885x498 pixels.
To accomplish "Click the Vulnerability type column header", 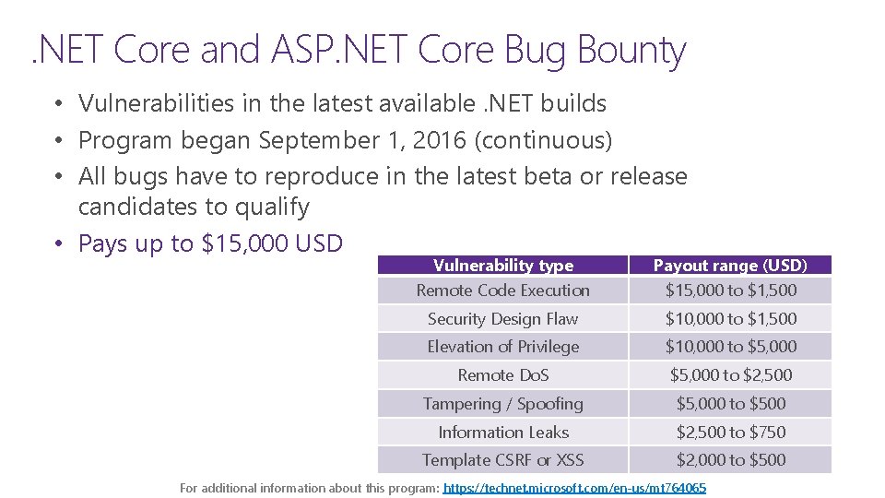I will tap(503, 266).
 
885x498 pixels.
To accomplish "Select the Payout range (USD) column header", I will tap(730, 266).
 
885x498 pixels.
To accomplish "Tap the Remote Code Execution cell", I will tap(503, 290).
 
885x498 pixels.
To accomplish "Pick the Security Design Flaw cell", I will tap(503, 319).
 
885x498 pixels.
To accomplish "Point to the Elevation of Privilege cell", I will tap(503, 347).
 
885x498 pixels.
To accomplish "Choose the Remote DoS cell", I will tap(503, 375).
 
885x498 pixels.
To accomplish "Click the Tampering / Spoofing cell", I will tap(503, 404).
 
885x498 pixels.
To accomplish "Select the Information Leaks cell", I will tap(503, 432).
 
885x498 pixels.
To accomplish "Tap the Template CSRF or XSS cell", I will tap(503, 459).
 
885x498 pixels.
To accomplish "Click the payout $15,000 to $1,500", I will tap(731, 290).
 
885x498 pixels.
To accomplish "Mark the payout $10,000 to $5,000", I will tap(731, 347).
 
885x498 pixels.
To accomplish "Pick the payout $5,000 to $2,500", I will tap(731, 375).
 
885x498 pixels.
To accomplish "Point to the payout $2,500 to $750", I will tap(731, 432).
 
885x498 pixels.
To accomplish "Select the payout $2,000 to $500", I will tap(731, 459).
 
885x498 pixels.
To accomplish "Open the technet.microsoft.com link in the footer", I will tap(574, 488).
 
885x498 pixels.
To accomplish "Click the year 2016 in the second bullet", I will tap(439, 140).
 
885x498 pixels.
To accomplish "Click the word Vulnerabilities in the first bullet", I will tap(157, 103).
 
